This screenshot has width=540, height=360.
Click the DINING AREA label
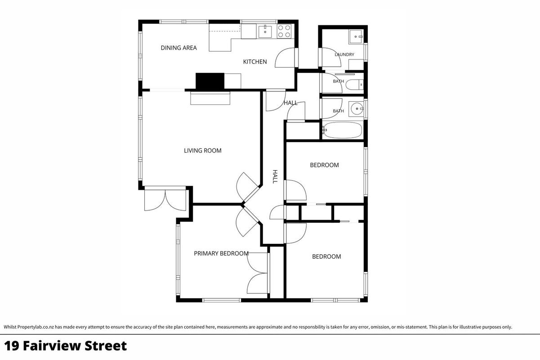[x=179, y=48]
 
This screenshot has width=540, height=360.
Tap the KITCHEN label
[x=255, y=62]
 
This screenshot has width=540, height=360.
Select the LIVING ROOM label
[x=202, y=151]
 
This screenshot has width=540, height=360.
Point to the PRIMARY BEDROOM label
[x=221, y=253]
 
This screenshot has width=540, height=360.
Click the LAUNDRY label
[x=344, y=54]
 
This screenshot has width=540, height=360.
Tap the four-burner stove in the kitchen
[x=284, y=31]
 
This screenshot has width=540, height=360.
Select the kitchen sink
[x=265, y=32]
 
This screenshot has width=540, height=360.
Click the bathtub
[x=342, y=130]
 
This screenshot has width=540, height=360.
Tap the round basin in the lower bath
[x=357, y=108]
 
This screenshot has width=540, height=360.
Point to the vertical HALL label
[x=275, y=176]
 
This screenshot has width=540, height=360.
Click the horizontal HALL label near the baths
[x=290, y=103]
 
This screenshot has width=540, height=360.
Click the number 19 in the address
[x=12, y=346]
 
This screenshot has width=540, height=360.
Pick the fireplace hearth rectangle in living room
[x=210, y=98]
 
